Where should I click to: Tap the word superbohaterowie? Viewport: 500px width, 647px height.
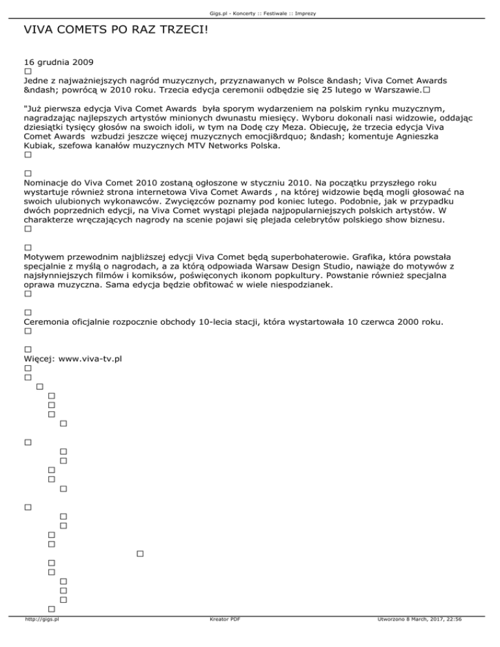click(x=281, y=257)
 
